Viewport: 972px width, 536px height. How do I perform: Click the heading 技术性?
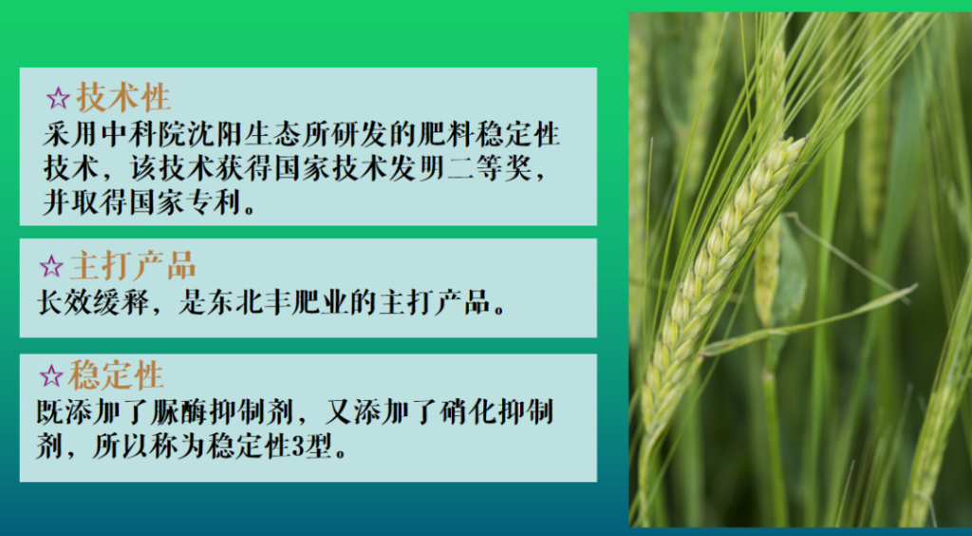tap(123, 97)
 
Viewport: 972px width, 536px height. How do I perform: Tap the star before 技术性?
tap(58, 99)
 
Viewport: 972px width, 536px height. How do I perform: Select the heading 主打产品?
tap(133, 265)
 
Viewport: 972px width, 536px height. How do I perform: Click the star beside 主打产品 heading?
tap(51, 267)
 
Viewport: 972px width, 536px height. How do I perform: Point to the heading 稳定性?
tap(116, 374)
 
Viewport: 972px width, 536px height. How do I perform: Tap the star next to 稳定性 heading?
tap(51, 376)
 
